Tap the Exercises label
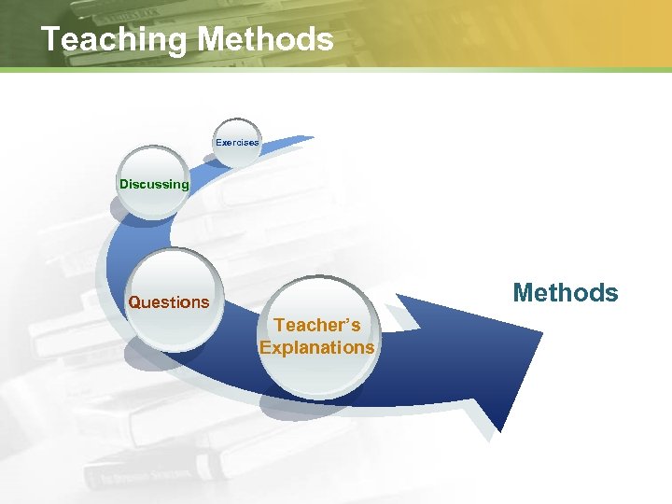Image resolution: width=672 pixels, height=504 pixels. click(x=237, y=143)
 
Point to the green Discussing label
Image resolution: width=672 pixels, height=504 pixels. click(x=154, y=184)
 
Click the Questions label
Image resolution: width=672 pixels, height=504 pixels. click(x=169, y=302)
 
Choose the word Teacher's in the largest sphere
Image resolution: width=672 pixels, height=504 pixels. click(x=317, y=326)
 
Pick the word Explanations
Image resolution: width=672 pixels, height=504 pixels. click(x=317, y=348)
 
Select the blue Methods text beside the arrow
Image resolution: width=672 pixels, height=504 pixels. click(x=566, y=293)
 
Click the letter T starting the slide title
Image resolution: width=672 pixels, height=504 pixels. click(x=51, y=39)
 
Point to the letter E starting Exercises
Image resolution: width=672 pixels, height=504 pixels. click(x=218, y=143)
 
